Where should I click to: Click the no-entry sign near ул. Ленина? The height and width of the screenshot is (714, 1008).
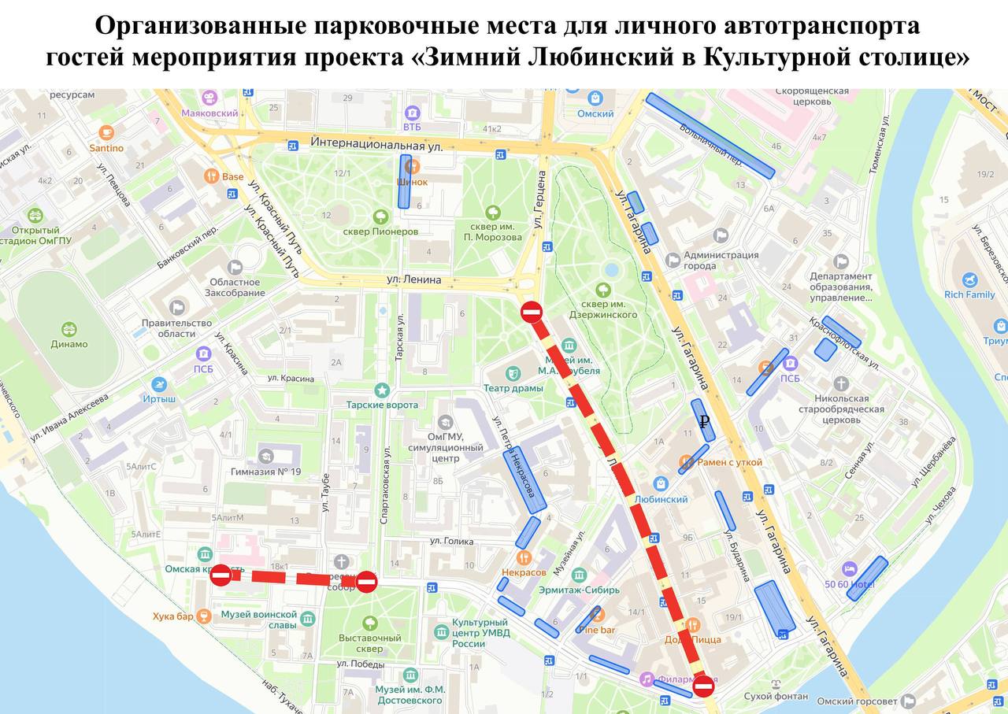pos(532,312)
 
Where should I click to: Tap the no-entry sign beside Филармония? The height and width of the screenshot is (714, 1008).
pos(703,687)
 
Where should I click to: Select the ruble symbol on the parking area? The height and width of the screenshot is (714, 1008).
pos(704,422)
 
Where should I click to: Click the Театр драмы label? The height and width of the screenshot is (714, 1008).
pos(513,388)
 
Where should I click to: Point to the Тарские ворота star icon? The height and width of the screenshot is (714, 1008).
pos(382,390)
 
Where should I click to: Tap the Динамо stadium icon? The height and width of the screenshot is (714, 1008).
pos(69,329)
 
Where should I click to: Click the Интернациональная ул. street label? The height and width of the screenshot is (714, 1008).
pos(376,145)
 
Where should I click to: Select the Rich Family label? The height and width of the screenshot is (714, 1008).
pos(969,294)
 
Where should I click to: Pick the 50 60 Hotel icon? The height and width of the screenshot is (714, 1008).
pos(849,568)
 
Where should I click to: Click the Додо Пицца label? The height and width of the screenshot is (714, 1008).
pos(692,639)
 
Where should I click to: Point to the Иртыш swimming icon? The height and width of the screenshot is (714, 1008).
pos(160,384)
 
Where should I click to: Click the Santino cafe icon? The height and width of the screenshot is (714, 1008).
pos(106,132)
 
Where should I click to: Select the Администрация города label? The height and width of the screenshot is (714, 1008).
pos(721,260)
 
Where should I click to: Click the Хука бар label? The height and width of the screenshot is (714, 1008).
pos(173,616)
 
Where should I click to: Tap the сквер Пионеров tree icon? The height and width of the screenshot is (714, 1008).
pos(381,216)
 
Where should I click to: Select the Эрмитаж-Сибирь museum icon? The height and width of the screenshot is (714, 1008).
pos(579,575)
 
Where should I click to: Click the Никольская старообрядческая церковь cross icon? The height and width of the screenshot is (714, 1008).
pos(841,383)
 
